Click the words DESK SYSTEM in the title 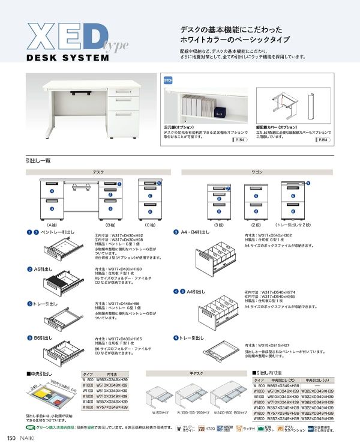[68, 59]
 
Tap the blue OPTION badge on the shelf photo [169, 79]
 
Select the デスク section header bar [98, 172]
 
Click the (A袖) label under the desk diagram [52, 223]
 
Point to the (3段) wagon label [220, 223]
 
